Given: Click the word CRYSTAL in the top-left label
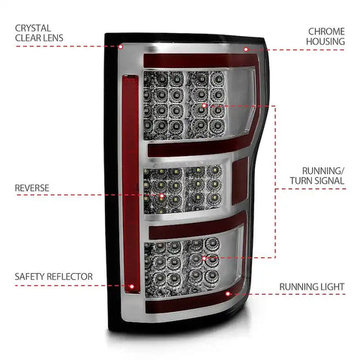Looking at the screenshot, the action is coord(33,28).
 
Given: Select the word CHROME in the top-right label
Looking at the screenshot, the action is coord(326,31).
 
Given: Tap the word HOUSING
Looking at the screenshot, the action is coord(325,41).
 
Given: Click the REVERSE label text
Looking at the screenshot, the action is coord(31,188).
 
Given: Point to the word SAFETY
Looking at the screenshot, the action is coord(29,277).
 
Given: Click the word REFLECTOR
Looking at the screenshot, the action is coord(70,277).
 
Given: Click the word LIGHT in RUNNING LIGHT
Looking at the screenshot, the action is coord(331,286).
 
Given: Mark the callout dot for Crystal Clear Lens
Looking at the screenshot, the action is coord(121,46).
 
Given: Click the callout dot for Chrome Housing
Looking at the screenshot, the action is coord(246,49).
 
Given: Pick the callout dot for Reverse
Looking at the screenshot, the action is coord(162,196).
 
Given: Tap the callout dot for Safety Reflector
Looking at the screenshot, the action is coord(131,286).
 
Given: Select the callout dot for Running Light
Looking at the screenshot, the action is coord(227,294).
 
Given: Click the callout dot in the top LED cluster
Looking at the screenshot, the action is coord(204,106).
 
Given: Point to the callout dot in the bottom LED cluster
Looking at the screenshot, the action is coord(204,258).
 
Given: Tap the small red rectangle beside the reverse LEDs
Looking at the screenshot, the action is coord(240,181).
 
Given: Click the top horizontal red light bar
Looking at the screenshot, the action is coord(200,61).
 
